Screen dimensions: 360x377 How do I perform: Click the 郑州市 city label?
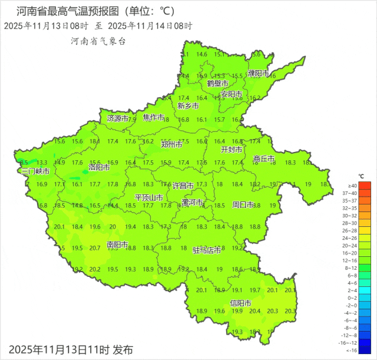click(171, 144)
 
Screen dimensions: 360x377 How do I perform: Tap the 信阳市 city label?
click(240, 303)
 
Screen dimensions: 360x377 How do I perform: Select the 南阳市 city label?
click(117, 244)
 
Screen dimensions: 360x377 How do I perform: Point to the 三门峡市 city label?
click(35, 171)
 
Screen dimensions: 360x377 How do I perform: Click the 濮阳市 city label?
click(258, 74)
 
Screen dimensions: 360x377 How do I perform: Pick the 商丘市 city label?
click(264, 159)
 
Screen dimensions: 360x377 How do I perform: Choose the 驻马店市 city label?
click(207, 250)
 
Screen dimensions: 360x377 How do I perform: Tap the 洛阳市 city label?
click(100, 167)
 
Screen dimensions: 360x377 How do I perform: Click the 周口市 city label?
click(243, 205)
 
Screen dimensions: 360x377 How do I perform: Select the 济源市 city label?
click(117, 118)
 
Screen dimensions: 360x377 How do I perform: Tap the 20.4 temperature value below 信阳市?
click(255, 311)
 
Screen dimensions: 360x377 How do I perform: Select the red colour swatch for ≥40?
click(365, 186)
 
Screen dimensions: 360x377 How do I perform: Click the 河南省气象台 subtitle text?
click(98, 41)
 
